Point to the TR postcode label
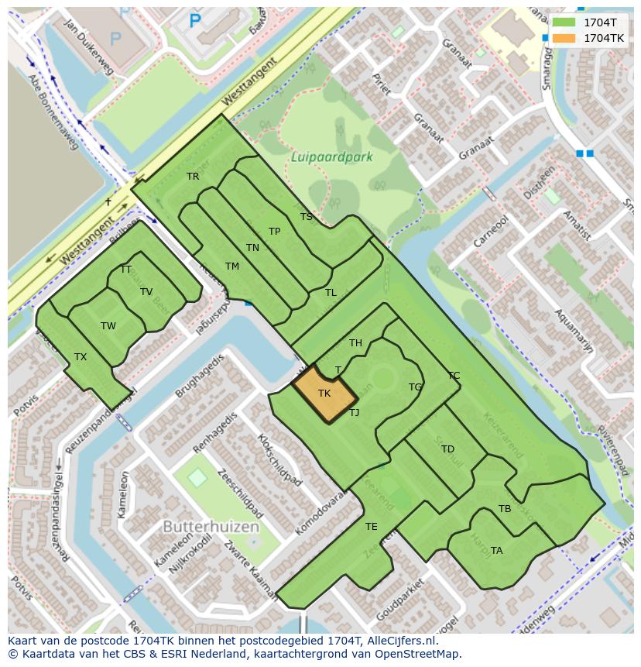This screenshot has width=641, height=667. [193, 177]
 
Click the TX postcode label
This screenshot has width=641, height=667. [81, 357]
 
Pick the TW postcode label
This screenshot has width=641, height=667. [108, 326]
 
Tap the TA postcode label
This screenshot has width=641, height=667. [496, 551]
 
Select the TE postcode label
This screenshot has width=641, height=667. [372, 527]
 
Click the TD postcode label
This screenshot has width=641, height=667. [447, 449]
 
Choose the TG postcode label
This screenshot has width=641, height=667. [415, 387]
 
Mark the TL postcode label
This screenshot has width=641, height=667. [331, 293]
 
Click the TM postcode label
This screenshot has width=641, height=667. [232, 266]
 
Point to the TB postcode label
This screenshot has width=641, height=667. [505, 509]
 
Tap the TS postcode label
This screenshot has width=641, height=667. [306, 217]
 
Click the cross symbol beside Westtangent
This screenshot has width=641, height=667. [108, 202]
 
